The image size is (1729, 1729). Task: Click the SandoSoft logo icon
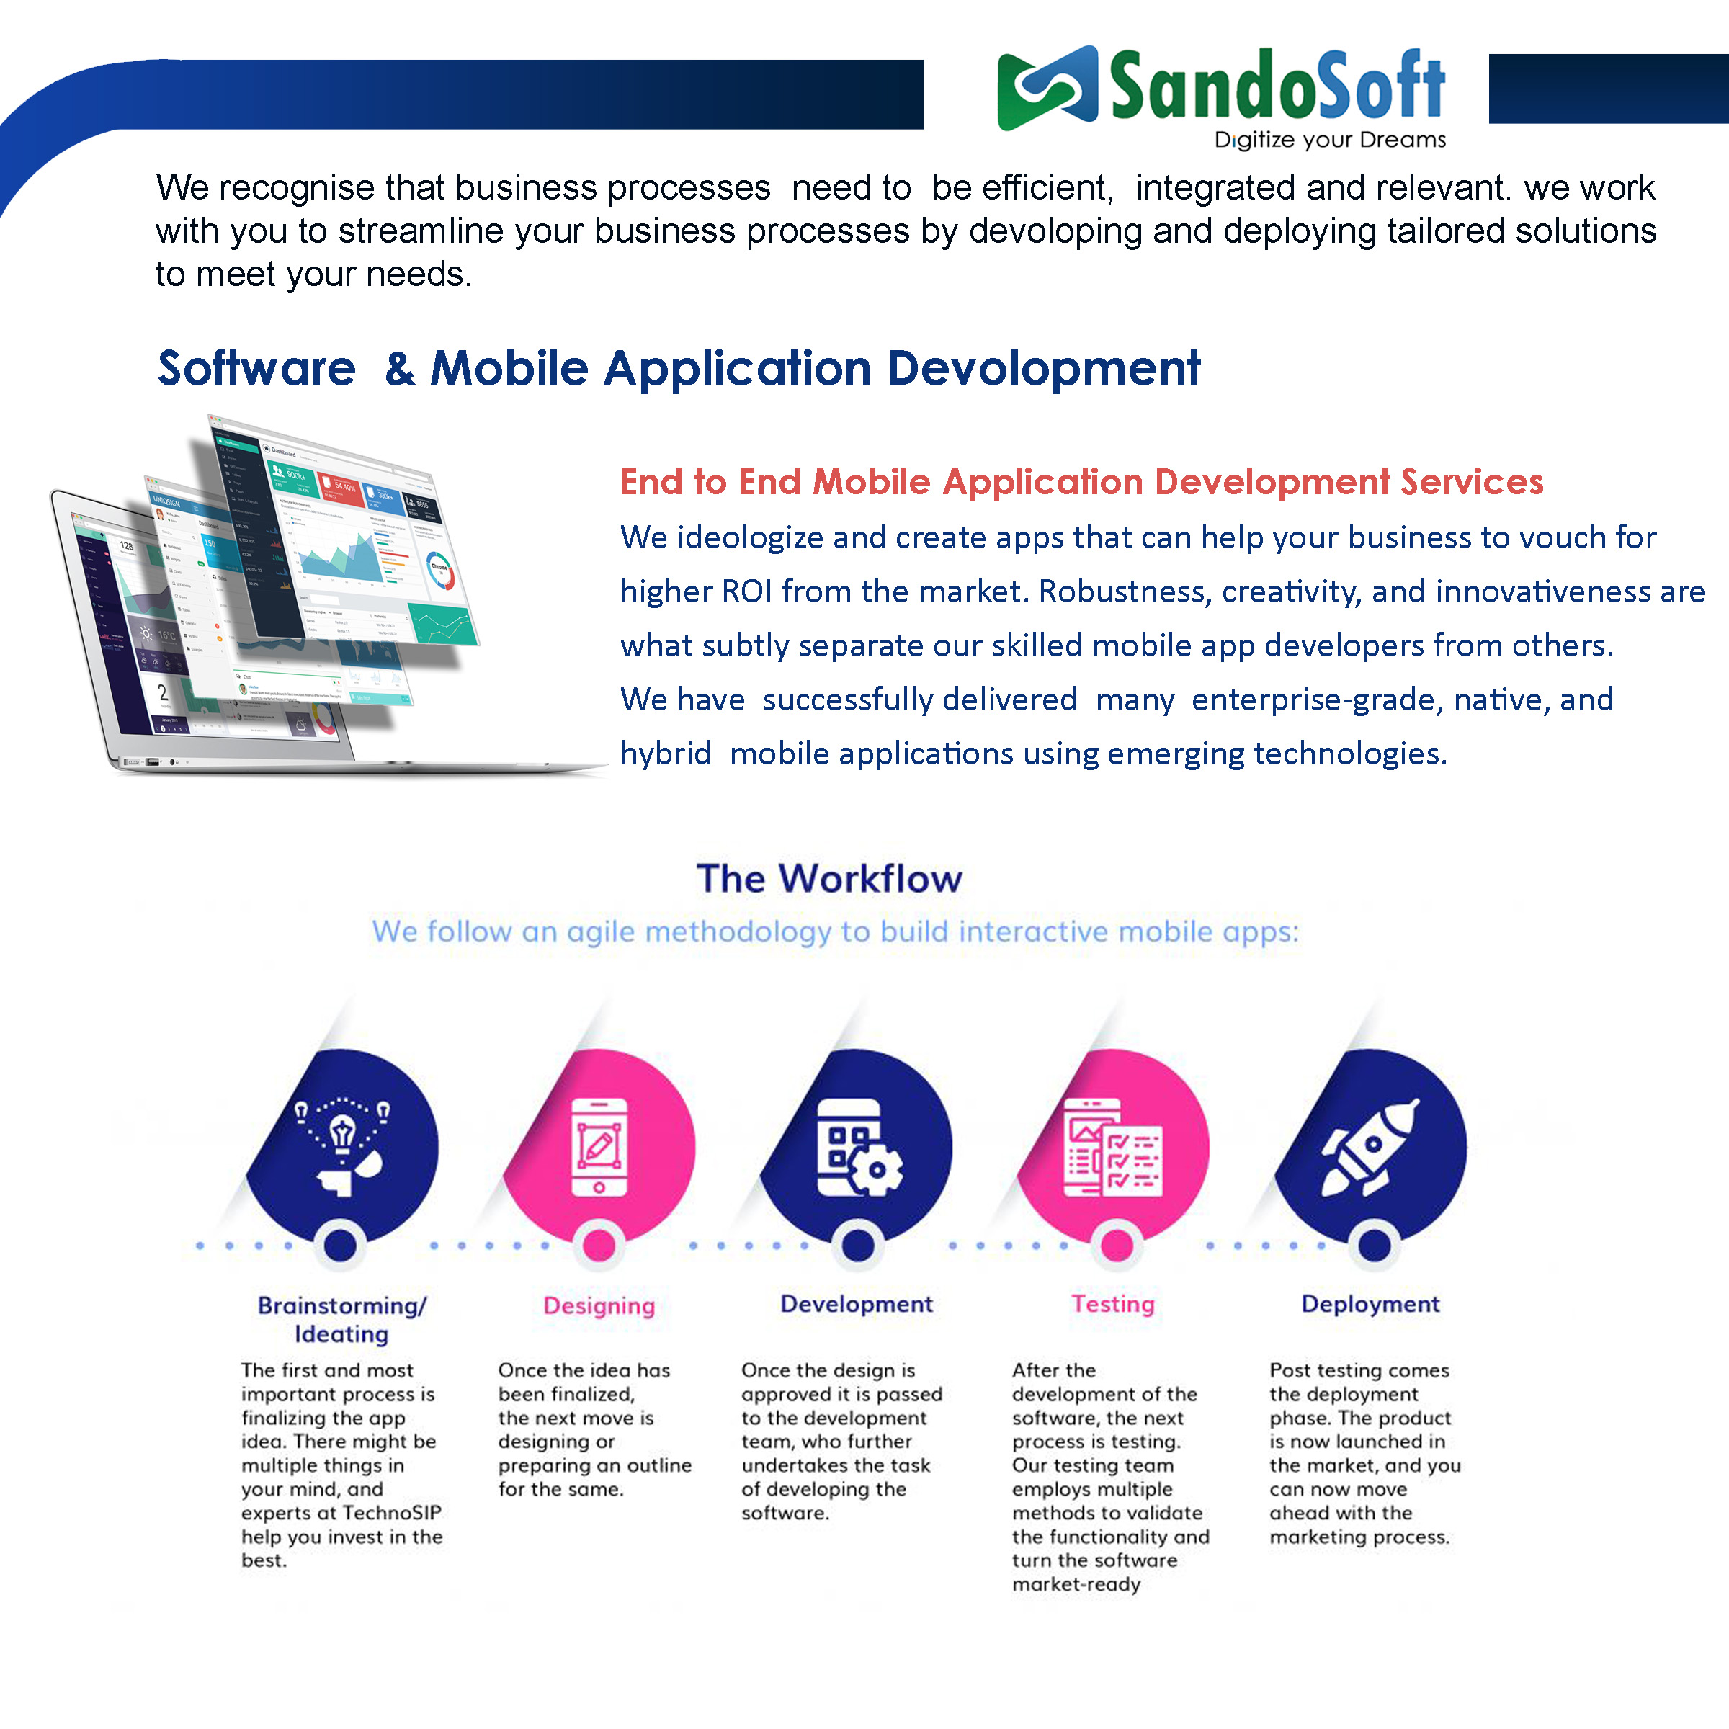click(1047, 88)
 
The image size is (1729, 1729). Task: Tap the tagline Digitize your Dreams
click(1330, 140)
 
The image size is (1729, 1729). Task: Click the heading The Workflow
click(830, 879)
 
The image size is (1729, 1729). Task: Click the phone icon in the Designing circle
click(599, 1148)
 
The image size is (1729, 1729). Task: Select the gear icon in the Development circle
click(876, 1169)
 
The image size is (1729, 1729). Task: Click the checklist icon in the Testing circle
click(1112, 1148)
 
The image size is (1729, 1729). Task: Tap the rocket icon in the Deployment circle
click(1370, 1148)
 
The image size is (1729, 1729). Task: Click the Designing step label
click(599, 1305)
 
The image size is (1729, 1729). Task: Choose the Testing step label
click(1113, 1304)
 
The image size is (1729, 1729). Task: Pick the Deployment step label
click(1370, 1305)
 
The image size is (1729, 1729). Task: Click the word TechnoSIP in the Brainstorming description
click(392, 1512)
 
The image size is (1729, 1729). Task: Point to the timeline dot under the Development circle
click(857, 1245)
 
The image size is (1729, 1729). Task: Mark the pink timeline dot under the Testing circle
click(1116, 1245)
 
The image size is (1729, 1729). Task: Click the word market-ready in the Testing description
click(1076, 1584)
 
